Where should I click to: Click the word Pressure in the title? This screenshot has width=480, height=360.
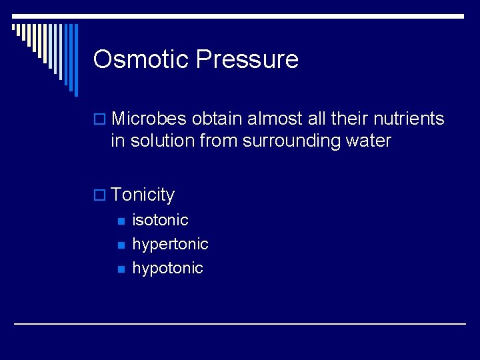point(247,59)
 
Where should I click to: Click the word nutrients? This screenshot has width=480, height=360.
point(409,119)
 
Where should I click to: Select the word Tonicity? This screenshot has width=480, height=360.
point(143,195)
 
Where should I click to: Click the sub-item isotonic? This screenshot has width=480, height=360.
point(160,220)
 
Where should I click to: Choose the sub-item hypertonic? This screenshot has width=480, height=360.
point(170,245)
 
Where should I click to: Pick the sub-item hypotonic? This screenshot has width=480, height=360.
point(167,268)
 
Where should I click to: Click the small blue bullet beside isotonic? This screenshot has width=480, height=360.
point(121,221)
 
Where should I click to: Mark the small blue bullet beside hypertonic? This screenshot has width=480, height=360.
point(121,245)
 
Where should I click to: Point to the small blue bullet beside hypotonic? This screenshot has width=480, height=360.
point(121,269)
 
